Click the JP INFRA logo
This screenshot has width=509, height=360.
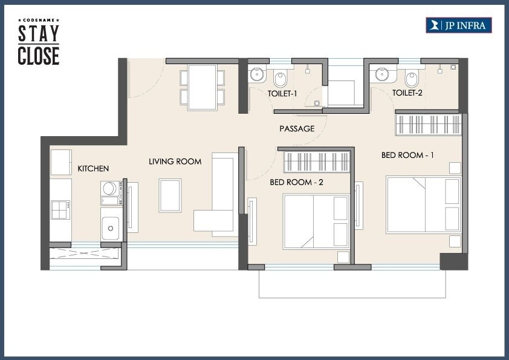(x=459, y=25)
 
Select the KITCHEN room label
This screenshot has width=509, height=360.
(x=93, y=168)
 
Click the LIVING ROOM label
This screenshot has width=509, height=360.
(x=175, y=162)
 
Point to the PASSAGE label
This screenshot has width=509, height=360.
(x=297, y=128)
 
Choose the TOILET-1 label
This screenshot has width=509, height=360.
(x=283, y=93)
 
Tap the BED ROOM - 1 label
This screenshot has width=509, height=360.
(x=407, y=155)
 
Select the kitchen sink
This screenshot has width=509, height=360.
(x=111, y=228)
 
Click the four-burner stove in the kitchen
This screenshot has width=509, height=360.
(x=60, y=210)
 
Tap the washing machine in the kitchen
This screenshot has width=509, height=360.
(x=110, y=189)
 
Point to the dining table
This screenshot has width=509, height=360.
(x=202, y=87)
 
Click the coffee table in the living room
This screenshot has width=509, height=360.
(x=170, y=195)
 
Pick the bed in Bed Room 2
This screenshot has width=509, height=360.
(x=316, y=221)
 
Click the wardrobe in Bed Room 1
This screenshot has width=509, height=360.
(x=428, y=125)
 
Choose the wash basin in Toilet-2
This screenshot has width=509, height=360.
(x=382, y=74)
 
